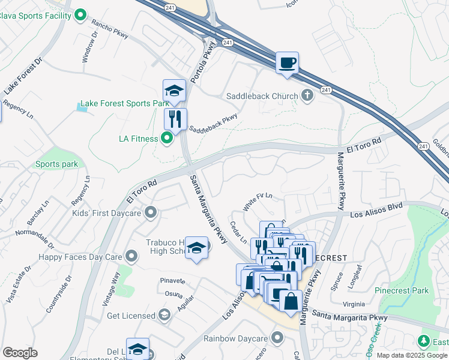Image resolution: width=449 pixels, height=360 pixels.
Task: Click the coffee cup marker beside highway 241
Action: click(287, 62)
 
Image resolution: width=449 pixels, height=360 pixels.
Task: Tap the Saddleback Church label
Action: click(262, 96)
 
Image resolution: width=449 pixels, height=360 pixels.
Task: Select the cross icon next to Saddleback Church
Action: click(307, 95)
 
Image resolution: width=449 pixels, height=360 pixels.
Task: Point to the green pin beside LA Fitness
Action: click(167, 139)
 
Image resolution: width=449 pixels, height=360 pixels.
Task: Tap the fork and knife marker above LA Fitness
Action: click(175, 119)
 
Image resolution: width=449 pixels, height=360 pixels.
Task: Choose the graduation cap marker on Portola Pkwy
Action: click(174, 91)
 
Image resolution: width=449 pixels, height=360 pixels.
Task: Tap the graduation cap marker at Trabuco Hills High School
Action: click(196, 248)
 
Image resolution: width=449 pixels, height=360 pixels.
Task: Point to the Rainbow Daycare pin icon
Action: click(277, 338)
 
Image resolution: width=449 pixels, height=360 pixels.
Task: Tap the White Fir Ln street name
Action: click(258, 200)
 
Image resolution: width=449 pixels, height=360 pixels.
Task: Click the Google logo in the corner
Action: click(20, 353)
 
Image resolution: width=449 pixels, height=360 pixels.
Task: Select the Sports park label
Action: click(56, 164)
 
